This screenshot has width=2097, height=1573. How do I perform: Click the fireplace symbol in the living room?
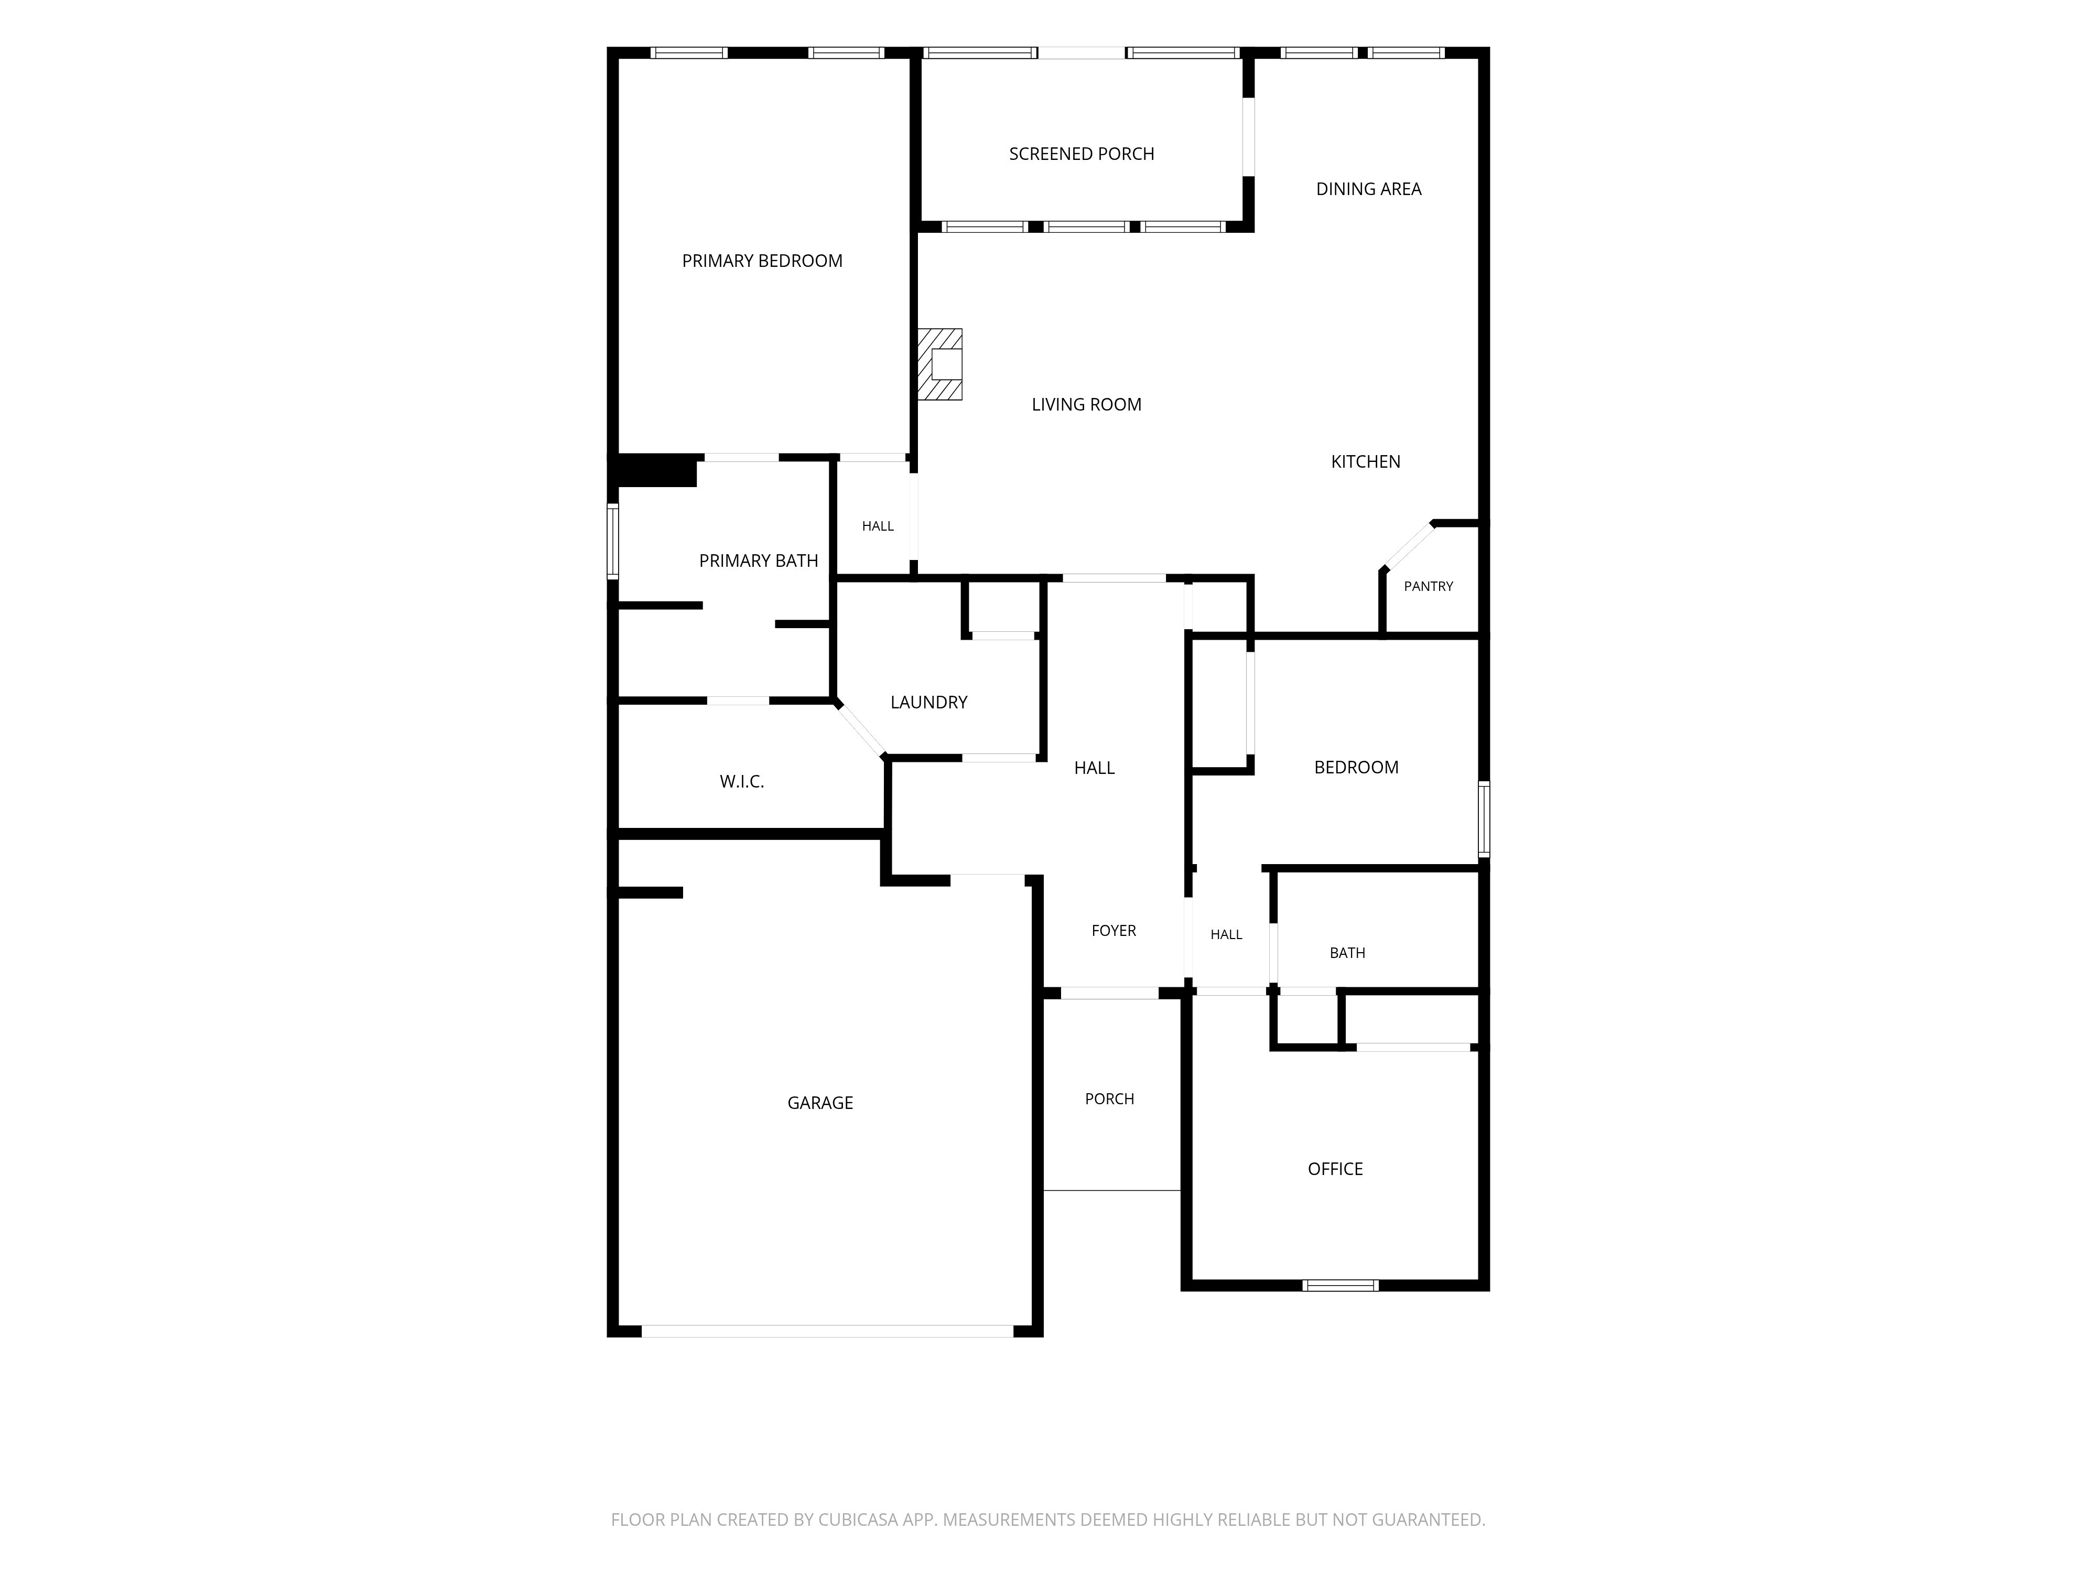click(939, 364)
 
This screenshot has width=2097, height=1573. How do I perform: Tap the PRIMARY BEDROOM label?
click(762, 261)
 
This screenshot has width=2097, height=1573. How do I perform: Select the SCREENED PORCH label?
click(1082, 154)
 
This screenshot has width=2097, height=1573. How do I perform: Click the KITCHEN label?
click(1365, 462)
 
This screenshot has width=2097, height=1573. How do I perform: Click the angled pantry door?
click(1409, 545)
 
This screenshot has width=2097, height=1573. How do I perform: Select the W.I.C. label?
click(741, 781)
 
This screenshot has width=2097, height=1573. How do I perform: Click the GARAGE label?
click(820, 1103)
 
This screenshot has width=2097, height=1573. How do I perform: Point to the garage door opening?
click(828, 1331)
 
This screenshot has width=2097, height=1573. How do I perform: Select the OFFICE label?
click(1335, 1169)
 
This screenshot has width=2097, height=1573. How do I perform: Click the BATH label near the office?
click(1347, 953)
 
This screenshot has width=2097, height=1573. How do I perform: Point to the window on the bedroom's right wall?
click(1484, 819)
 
